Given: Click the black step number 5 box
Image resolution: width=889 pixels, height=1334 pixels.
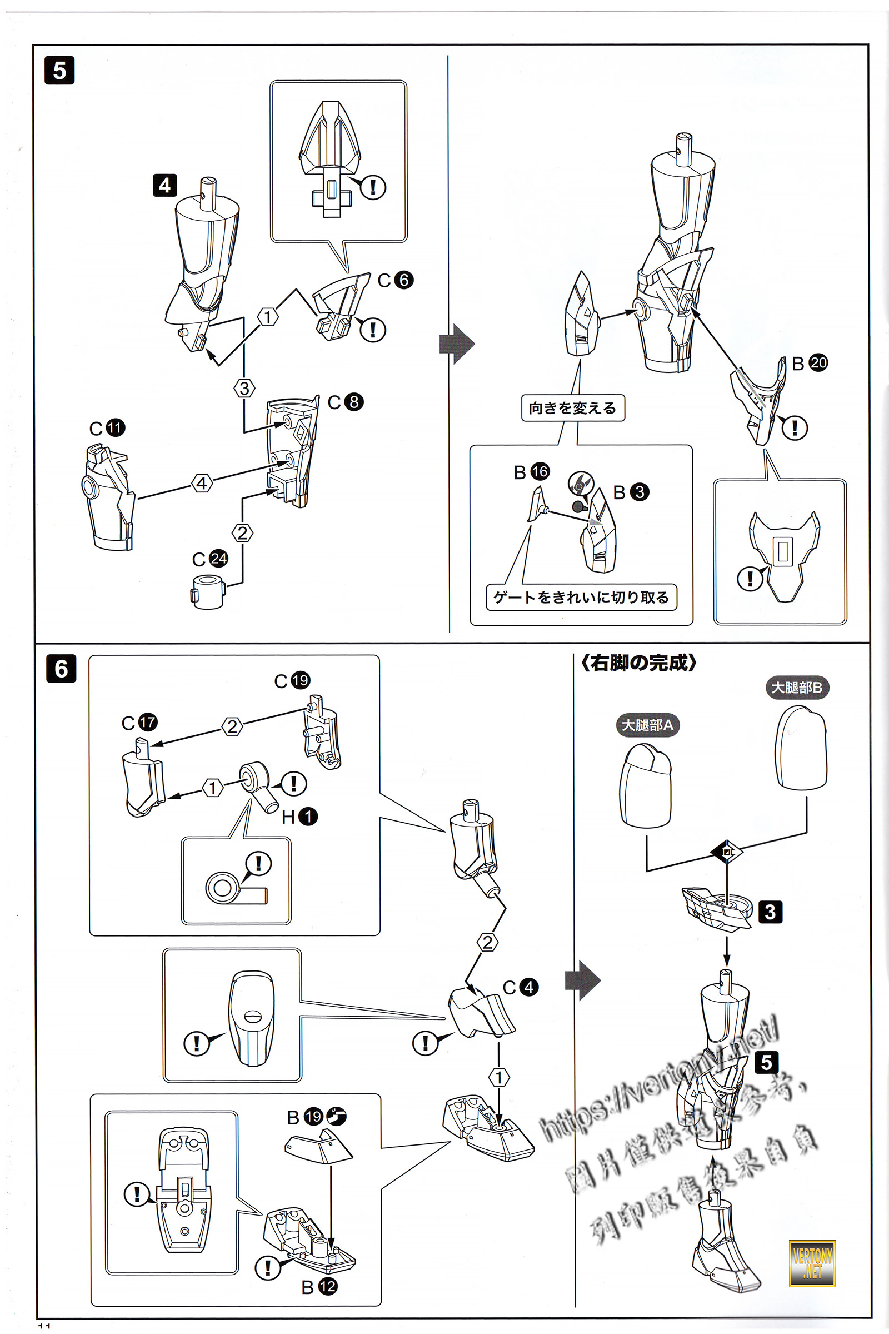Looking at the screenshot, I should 59,71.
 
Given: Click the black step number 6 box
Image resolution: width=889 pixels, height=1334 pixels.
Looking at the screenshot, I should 61,669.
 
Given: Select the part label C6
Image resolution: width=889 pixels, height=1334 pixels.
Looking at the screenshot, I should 396,280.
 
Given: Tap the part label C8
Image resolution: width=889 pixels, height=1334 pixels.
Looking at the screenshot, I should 345,402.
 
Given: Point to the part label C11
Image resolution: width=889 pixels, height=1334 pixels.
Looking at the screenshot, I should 107,427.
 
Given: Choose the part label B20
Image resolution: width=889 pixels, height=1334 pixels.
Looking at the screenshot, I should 810,363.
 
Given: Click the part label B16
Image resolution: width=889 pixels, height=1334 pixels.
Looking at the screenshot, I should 531,472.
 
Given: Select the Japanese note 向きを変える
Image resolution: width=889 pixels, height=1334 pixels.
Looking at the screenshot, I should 573,409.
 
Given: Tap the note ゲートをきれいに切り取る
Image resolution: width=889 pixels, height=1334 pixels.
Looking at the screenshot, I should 581,597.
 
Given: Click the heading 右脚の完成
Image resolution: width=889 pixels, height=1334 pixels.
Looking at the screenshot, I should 638,663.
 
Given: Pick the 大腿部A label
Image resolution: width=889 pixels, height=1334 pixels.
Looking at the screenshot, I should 647,725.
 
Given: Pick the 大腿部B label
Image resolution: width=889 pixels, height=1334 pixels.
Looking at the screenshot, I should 797,688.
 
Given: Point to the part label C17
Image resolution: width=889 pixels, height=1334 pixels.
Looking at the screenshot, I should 139,723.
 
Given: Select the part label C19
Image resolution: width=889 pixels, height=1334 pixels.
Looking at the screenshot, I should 292,680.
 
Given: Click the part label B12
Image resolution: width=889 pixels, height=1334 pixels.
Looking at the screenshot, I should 319,1287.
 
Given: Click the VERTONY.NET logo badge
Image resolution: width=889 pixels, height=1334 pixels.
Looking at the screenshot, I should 812,1263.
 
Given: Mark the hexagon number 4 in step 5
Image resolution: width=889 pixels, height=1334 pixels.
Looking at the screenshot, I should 202,483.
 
